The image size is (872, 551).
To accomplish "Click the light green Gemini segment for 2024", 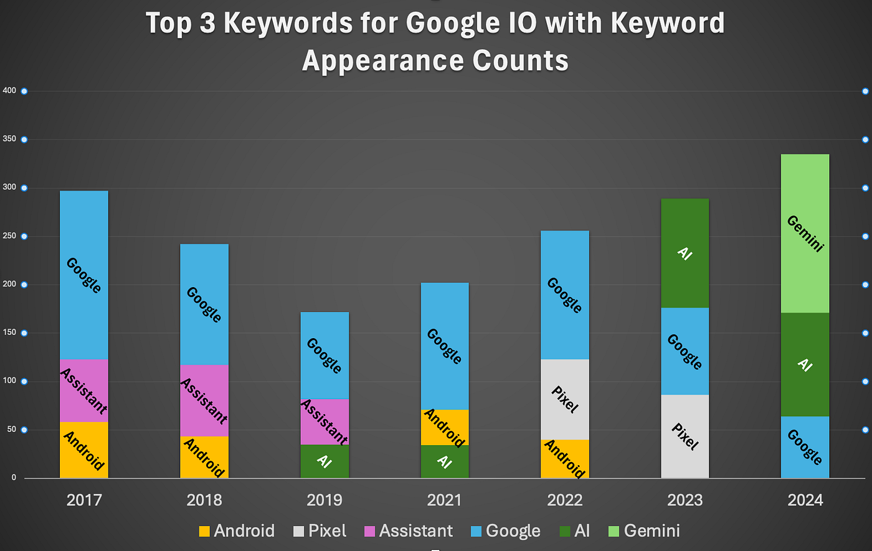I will (805, 233).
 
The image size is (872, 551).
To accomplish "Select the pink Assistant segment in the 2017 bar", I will (84, 390).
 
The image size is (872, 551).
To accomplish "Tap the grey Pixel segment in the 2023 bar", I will (685, 436).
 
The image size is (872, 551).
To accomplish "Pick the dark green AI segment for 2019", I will (325, 461).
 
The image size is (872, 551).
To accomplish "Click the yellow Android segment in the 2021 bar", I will (445, 427).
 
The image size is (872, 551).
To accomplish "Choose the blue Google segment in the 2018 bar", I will (204, 304).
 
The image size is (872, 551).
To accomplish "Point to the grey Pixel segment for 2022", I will (565, 399).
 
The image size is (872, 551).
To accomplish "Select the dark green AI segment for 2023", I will (685, 253).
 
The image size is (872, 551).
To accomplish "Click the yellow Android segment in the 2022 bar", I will (565, 459).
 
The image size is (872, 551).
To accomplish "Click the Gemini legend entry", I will (644, 530).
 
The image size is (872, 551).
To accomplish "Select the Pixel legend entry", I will (320, 530).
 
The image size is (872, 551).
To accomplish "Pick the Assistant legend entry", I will (409, 530).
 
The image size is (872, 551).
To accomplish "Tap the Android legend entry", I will (237, 530).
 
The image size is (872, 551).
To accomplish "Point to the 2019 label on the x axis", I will (325, 500).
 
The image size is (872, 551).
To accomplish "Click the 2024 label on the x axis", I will (805, 500).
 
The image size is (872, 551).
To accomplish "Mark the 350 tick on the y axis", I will (9, 139).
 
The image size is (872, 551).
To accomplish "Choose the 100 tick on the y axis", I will (9, 381).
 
